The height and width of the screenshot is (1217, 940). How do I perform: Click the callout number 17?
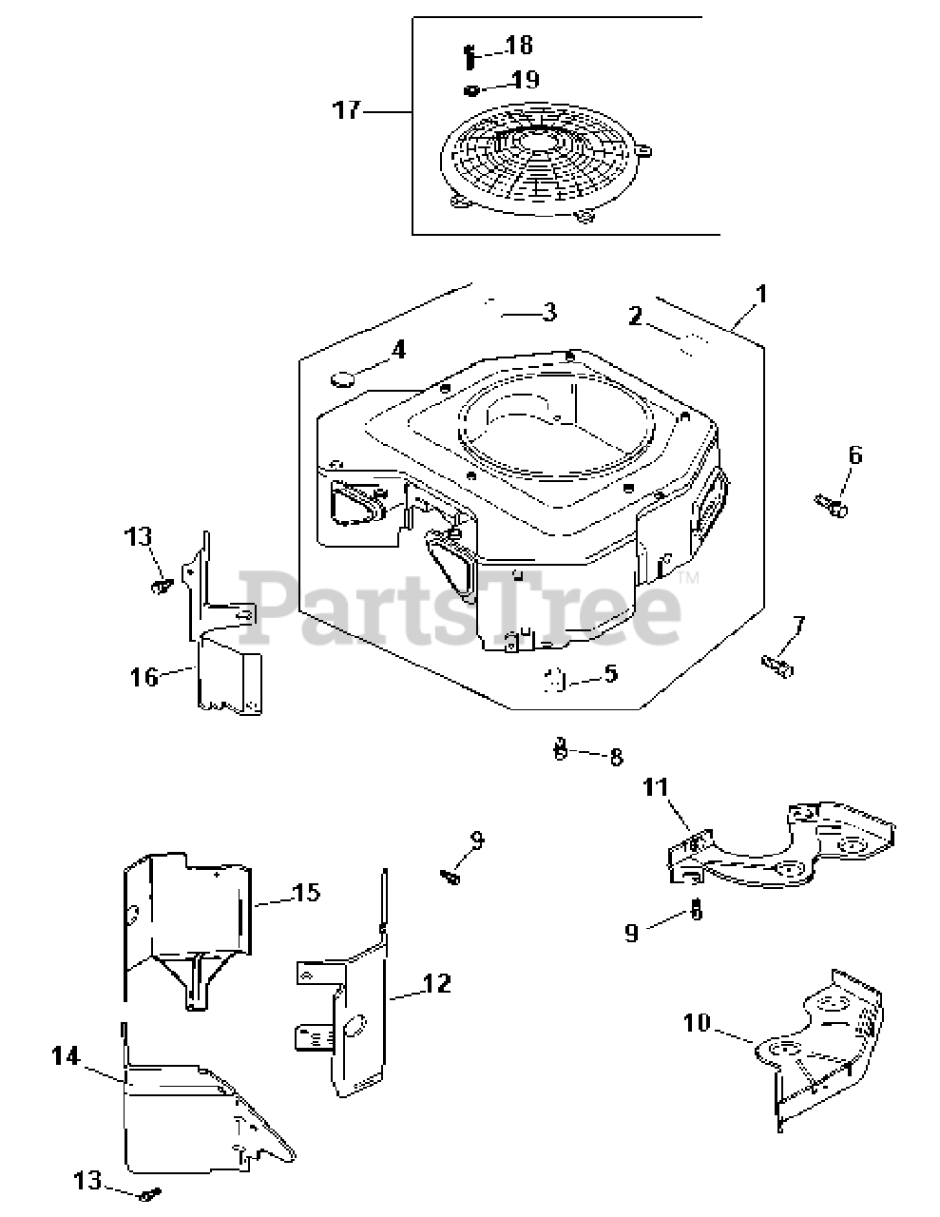(346, 110)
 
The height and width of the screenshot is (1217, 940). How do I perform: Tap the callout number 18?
(519, 45)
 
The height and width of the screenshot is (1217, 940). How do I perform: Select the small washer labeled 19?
(470, 90)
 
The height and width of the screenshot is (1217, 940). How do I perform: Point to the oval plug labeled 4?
(342, 380)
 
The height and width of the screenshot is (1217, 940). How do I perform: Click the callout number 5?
(610, 674)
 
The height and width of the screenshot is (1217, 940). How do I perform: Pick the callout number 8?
(616, 757)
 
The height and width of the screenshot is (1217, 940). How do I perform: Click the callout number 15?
(307, 893)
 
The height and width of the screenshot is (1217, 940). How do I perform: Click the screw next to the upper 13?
(161, 586)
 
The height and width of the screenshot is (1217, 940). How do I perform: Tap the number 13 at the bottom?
(87, 1181)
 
